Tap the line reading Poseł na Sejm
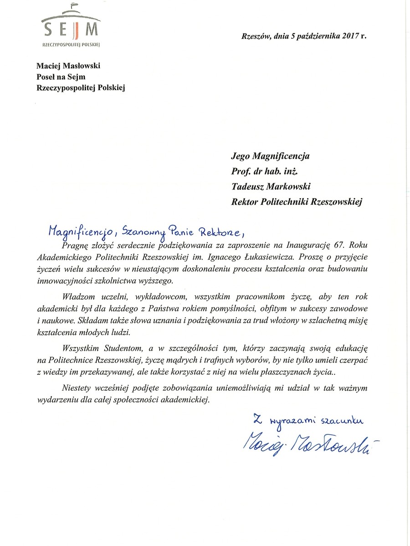coord(61,77)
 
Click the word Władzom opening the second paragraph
coord(78,296)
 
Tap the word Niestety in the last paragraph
coord(76,389)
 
